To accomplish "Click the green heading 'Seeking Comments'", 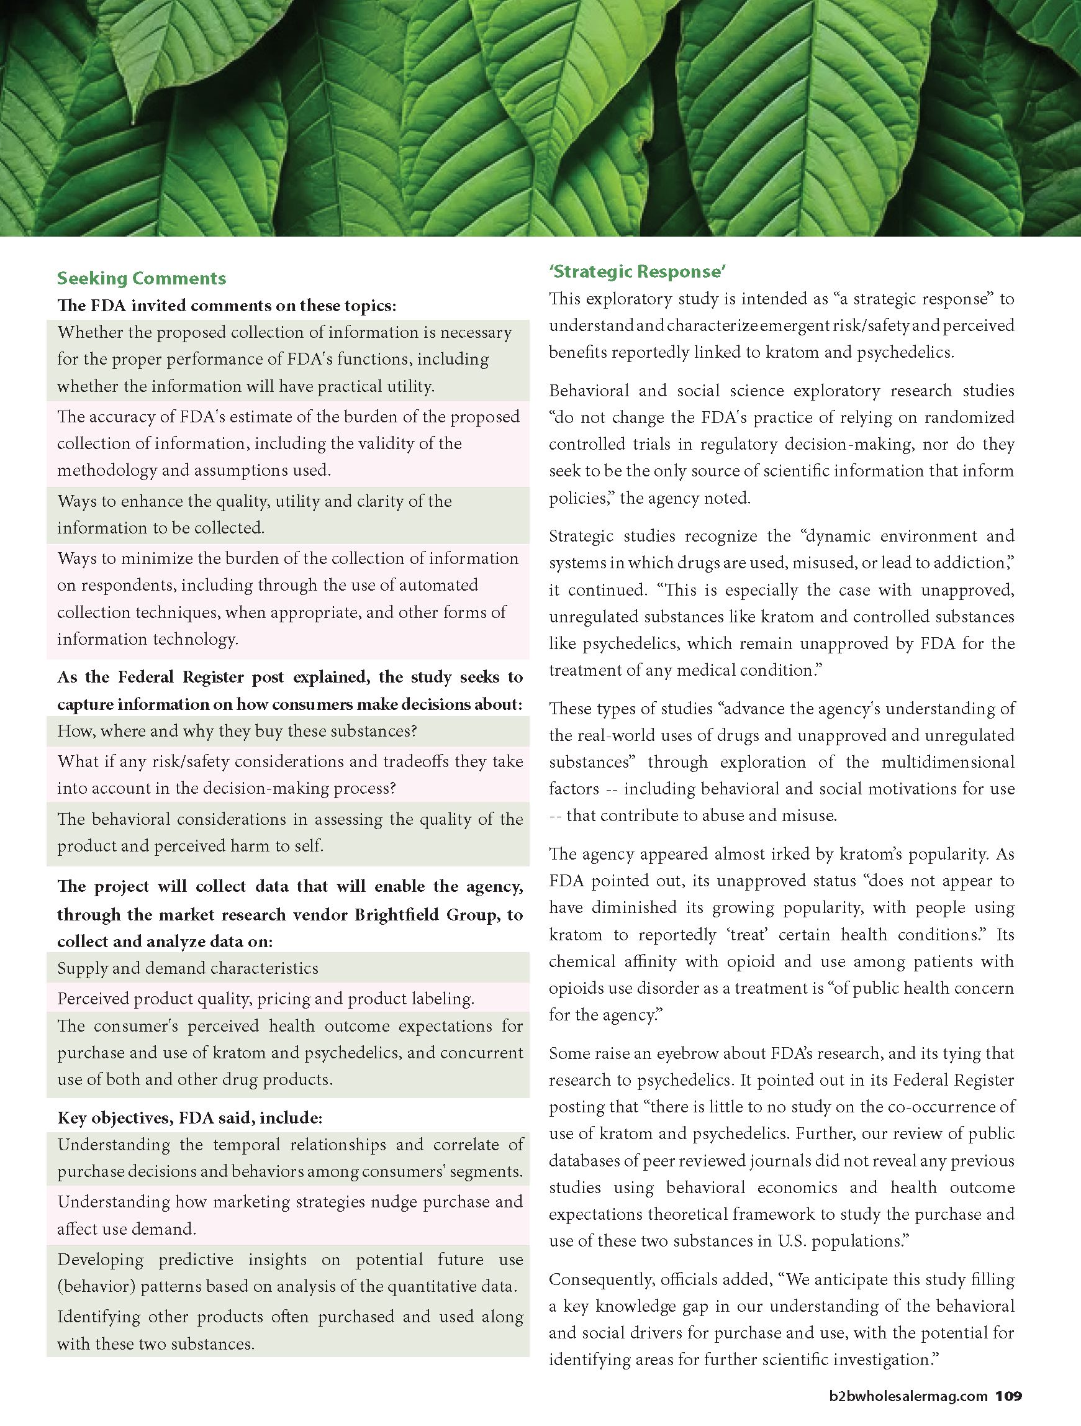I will [141, 278].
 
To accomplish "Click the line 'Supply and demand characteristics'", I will [188, 968].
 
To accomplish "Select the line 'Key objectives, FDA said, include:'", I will [189, 1117].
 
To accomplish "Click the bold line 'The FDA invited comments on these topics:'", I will [226, 305].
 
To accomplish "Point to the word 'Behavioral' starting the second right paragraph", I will [589, 391].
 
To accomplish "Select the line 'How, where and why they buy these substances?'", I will [237, 731].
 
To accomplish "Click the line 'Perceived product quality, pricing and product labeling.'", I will [266, 999].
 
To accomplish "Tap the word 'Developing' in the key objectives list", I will [100, 1260].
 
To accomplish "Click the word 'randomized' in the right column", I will [970, 417].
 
